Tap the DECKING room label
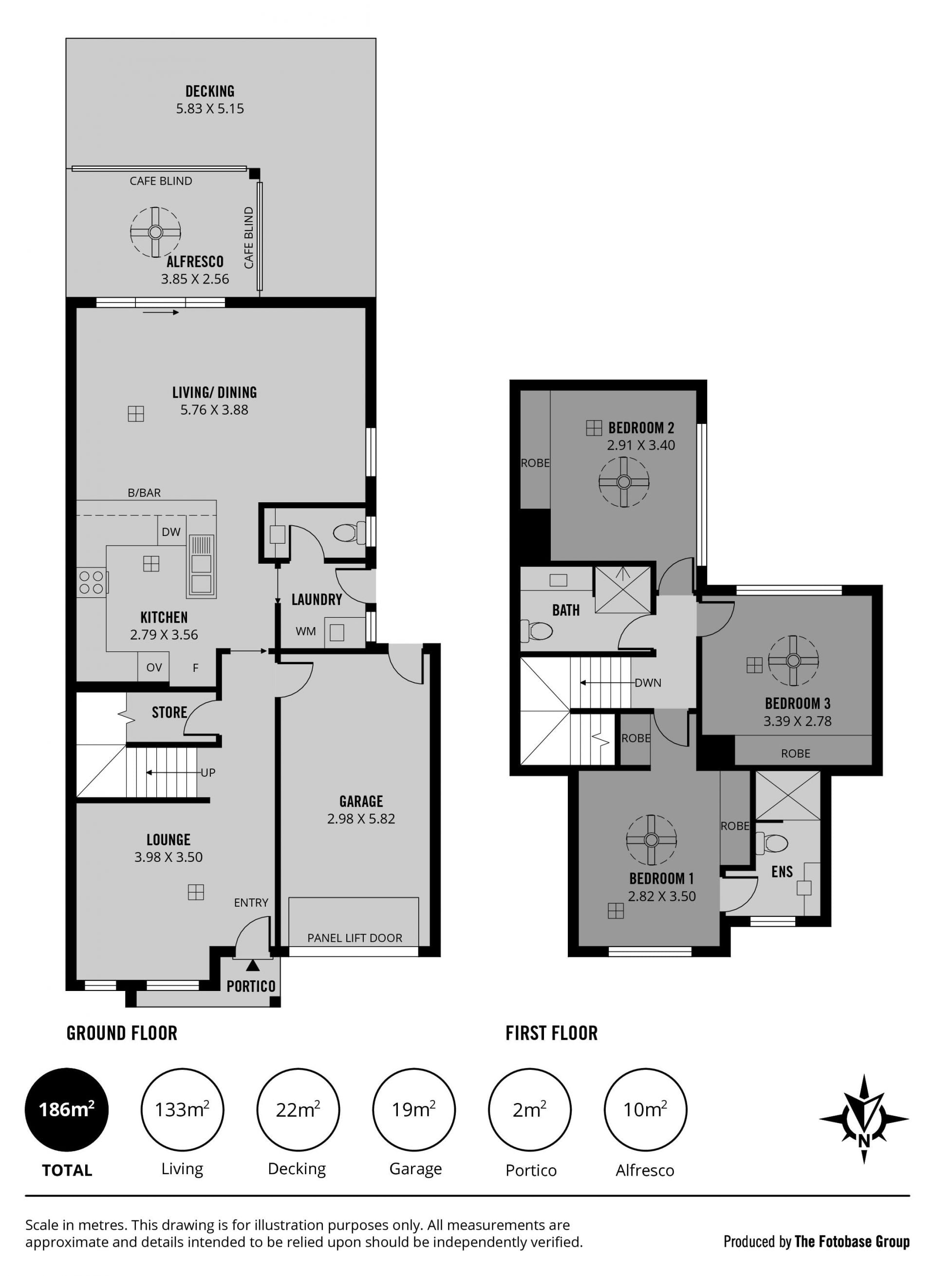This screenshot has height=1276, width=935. point(210,91)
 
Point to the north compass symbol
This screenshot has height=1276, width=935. point(864,1119)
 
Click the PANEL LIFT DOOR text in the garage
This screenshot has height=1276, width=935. point(355,938)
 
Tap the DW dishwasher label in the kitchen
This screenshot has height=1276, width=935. point(171,532)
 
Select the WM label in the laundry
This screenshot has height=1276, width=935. point(306,631)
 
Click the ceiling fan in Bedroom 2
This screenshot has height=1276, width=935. point(624,482)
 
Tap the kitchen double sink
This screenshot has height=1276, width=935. point(202,567)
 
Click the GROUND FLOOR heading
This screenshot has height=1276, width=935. point(122,1033)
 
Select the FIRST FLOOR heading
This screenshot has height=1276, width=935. point(552,1033)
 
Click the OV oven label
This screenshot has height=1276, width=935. point(154,667)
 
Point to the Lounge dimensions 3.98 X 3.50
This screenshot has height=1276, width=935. point(168,857)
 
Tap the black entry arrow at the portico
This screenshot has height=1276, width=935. point(253,965)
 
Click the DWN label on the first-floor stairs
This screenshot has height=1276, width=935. point(648,683)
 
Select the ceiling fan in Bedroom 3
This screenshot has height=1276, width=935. point(793,661)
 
